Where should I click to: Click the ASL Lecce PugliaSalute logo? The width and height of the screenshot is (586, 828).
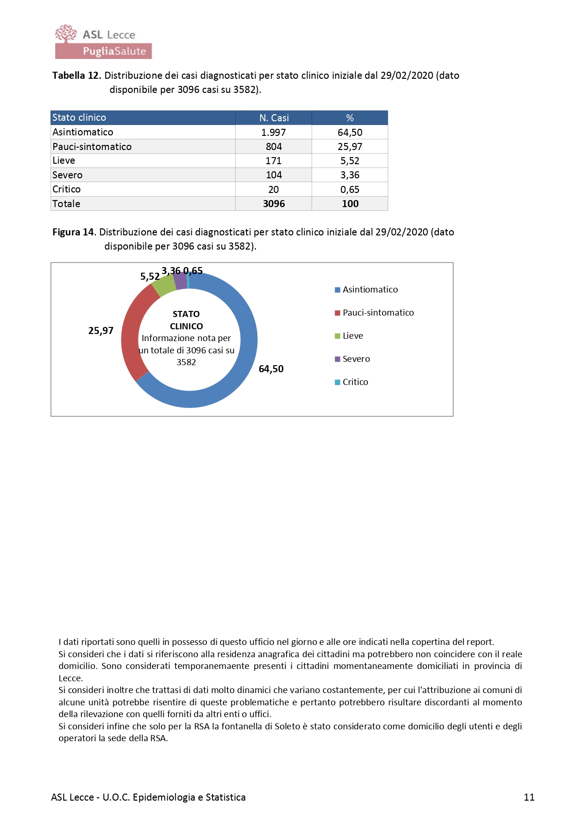click(103, 42)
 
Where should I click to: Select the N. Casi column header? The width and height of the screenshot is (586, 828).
click(274, 118)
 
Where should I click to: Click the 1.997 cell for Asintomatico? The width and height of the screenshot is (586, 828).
click(274, 133)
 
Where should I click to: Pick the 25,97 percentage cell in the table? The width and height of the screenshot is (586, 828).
click(350, 147)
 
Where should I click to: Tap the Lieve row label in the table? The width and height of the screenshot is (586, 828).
click(64, 161)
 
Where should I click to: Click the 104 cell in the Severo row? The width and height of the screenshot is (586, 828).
click(274, 175)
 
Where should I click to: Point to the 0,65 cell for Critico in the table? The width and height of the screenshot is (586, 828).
click(350, 190)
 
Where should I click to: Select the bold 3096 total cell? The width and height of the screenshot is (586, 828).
click(274, 204)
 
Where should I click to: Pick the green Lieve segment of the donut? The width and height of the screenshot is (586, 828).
click(164, 285)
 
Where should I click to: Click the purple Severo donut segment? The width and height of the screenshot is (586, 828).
click(180, 281)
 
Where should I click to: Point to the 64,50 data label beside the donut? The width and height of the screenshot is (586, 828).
click(271, 369)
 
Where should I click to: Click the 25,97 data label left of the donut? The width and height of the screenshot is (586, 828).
click(101, 331)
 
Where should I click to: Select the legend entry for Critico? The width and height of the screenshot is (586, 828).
click(355, 382)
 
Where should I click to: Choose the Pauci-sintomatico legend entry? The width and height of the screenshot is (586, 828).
click(378, 313)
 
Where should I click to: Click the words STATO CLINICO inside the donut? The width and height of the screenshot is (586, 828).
click(187, 320)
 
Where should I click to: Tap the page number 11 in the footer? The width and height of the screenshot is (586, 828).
click(529, 797)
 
